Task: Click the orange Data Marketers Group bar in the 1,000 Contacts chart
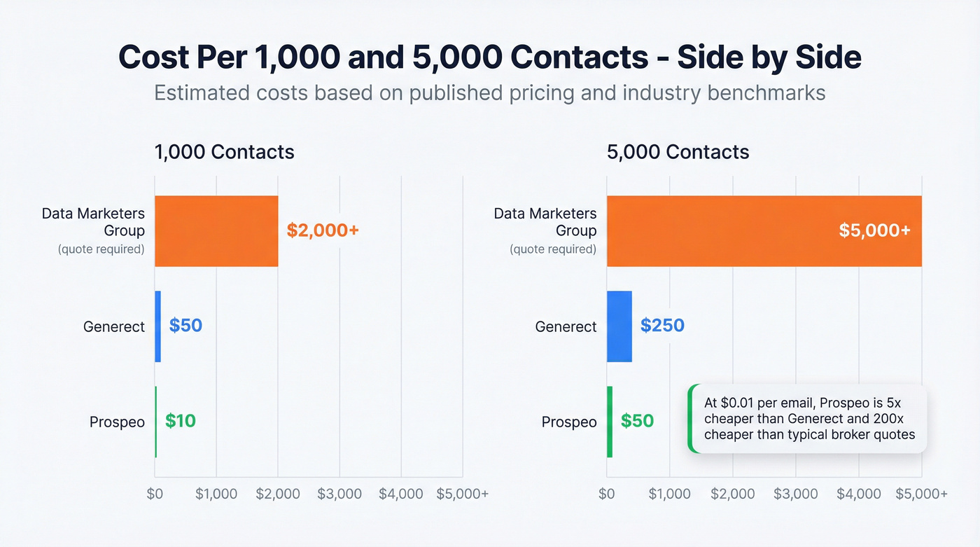216,231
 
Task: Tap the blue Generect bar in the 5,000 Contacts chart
619,326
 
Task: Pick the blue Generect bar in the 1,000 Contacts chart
158,326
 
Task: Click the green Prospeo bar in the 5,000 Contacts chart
610,422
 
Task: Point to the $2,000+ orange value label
323,230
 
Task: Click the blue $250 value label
662,326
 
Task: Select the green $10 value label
181,421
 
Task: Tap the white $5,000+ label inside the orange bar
874,230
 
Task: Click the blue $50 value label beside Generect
185,326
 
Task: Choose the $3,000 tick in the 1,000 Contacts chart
339,494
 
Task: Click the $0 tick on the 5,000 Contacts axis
607,494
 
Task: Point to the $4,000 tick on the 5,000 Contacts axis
858,494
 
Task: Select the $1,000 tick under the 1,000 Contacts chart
216,494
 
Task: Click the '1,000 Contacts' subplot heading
224,152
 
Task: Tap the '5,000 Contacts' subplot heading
678,152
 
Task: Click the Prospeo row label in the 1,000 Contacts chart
117,422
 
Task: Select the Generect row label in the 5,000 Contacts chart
566,327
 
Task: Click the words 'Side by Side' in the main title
769,57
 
